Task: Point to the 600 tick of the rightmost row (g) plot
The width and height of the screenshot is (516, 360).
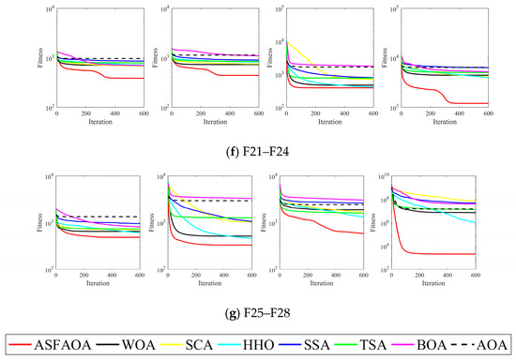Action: click(x=475, y=277)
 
